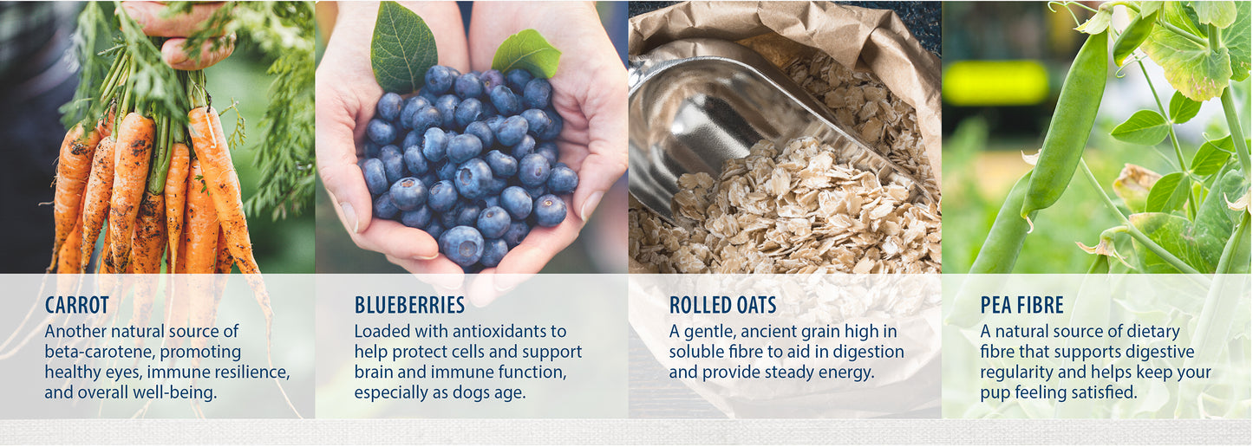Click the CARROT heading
[x=76, y=305]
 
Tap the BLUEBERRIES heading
[x=409, y=305]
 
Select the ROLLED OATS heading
[x=722, y=305]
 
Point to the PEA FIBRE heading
[x=1022, y=305]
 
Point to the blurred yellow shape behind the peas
[x=995, y=83]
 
